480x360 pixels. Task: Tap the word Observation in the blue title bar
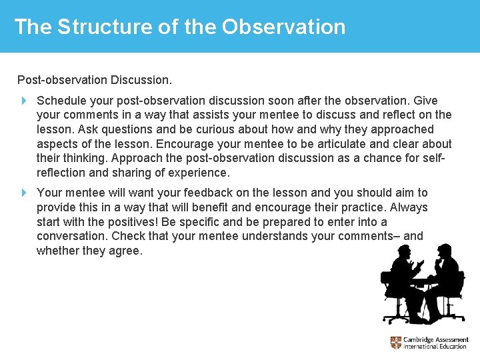click(284, 27)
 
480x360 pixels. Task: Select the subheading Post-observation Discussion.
click(95, 80)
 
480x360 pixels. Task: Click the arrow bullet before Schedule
click(23, 101)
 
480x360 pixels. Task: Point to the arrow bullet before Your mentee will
click(23, 193)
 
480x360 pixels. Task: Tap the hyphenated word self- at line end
click(434, 158)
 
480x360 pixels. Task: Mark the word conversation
click(72, 237)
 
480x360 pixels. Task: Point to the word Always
click(409, 207)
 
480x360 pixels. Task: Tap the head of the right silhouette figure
click(441, 251)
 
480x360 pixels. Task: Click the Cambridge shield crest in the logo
click(396, 343)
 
